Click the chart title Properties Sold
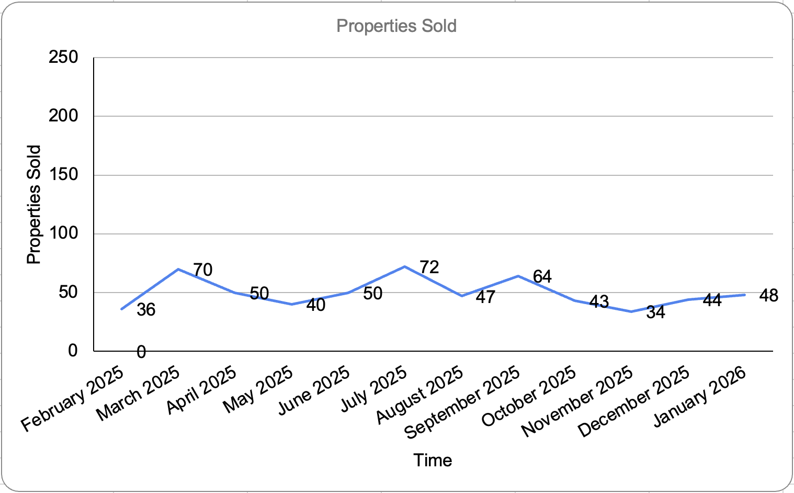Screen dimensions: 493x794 (396, 26)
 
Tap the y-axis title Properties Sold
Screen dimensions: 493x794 (33, 205)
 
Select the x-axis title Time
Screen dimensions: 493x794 (433, 460)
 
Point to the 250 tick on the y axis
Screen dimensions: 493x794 (63, 57)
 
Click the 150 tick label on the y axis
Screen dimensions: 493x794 (63, 174)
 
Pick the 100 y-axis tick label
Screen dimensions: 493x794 (63, 233)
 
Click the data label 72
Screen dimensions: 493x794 (429, 267)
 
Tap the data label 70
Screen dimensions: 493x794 (202, 270)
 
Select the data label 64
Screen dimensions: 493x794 (542, 276)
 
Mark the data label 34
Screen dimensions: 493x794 (655, 312)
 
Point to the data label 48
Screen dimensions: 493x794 (768, 296)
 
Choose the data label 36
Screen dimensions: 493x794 (146, 310)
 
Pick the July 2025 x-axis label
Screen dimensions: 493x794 (373, 388)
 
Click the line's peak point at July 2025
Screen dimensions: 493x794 (404, 266)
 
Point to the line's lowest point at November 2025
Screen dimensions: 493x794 (631, 311)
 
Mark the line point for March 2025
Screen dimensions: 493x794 (178, 269)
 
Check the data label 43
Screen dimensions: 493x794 (599, 301)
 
